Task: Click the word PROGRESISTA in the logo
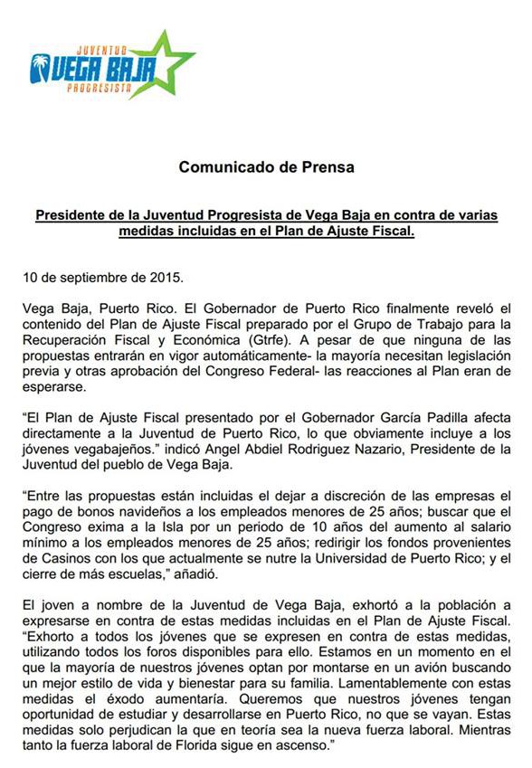(101, 89)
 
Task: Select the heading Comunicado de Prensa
(266, 167)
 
